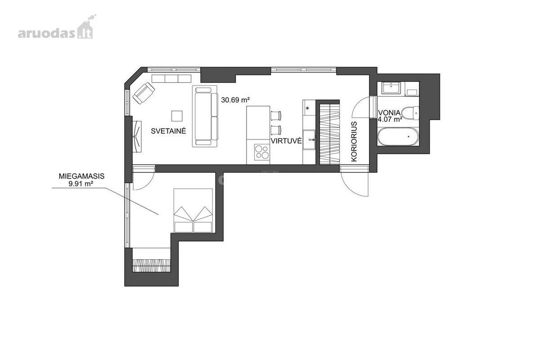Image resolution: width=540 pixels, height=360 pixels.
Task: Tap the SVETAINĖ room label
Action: pyautogui.click(x=168, y=130)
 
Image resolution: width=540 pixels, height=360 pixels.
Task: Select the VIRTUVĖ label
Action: pyautogui.click(x=286, y=140)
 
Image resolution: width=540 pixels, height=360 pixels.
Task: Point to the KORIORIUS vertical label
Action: pyautogui.click(x=354, y=142)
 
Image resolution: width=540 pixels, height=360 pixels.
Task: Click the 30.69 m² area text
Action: pyautogui.click(x=235, y=100)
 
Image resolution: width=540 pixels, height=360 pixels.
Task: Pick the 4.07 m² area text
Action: pyautogui.click(x=390, y=119)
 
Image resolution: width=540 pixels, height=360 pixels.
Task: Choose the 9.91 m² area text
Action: pyautogui.click(x=81, y=184)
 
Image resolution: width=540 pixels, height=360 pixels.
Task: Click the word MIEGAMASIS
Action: pyautogui.click(x=82, y=176)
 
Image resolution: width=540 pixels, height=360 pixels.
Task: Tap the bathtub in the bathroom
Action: pyautogui.click(x=398, y=137)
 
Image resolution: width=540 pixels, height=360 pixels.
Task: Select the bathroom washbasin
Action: pyautogui.click(x=391, y=88)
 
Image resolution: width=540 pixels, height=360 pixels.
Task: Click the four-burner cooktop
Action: pyautogui.click(x=262, y=152)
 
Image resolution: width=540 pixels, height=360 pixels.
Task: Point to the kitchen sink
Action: pyautogui.click(x=309, y=140)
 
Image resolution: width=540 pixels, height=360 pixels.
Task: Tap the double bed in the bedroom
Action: pyautogui.click(x=193, y=211)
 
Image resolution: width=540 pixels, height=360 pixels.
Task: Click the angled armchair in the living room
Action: pyautogui.click(x=144, y=93)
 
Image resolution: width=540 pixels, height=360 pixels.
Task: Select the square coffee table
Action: pyautogui.click(x=177, y=116)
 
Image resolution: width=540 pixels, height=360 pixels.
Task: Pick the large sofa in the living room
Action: pyautogui.click(x=205, y=116)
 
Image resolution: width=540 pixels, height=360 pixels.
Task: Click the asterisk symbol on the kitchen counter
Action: pyautogui.click(x=307, y=108)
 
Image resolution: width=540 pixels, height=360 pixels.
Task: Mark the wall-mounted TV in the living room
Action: pyautogui.click(x=137, y=136)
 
